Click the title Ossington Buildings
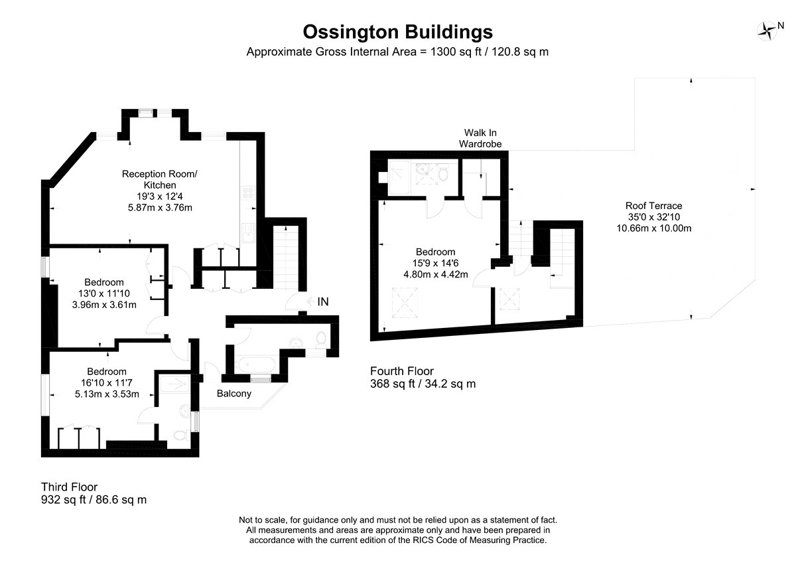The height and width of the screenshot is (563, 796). point(397,32)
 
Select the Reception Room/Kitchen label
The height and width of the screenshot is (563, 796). point(160,179)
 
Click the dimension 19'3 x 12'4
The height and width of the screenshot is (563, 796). point(160,197)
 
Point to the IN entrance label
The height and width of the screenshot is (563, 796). point(323,301)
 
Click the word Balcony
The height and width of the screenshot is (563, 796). point(233,394)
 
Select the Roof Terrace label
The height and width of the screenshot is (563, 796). point(654,206)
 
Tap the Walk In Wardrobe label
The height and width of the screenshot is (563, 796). point(480,138)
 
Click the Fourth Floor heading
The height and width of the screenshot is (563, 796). point(402,371)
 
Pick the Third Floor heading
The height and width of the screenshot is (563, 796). point(69,487)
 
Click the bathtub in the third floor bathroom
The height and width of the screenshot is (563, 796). point(257,364)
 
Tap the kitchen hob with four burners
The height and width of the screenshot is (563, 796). point(248,193)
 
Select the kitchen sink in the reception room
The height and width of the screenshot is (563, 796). point(248,232)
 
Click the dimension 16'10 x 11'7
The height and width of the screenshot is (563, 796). point(107,383)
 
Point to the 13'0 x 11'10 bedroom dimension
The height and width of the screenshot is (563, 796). point(104,293)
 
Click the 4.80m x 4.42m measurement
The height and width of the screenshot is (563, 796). point(436,275)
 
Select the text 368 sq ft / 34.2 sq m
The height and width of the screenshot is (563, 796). point(423,384)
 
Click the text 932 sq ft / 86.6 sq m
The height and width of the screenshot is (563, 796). point(94,500)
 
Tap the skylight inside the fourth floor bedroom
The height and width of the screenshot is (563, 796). point(405,303)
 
